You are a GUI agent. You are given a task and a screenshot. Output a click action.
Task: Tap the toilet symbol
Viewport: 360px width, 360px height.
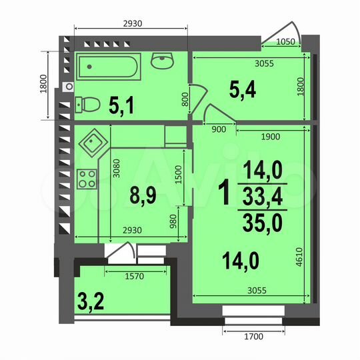(87, 103)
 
